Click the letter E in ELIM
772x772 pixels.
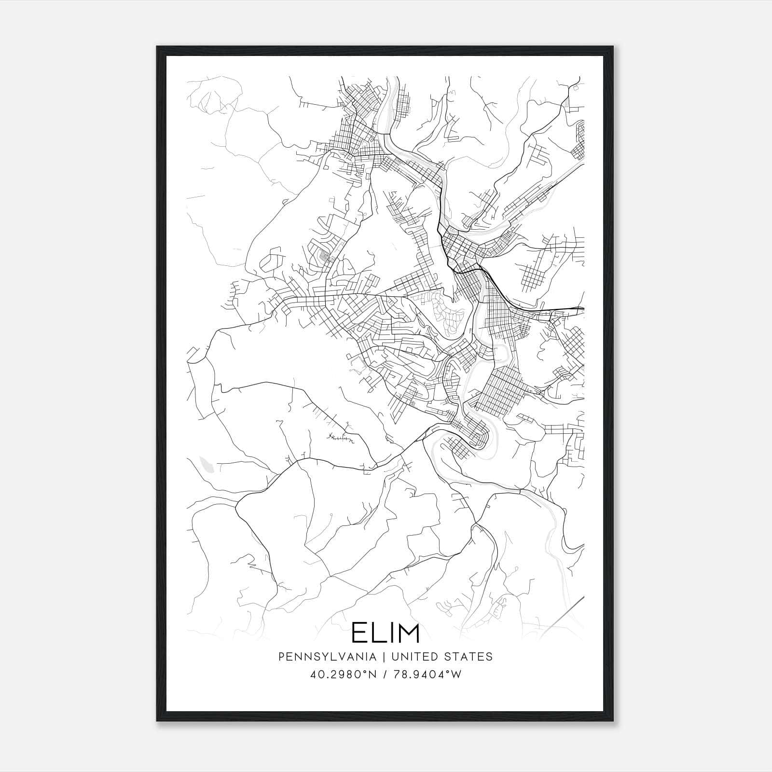[359, 633]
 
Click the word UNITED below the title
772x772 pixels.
[414, 656]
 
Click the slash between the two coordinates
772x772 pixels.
[385, 675]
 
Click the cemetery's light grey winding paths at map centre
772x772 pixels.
[446, 314]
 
